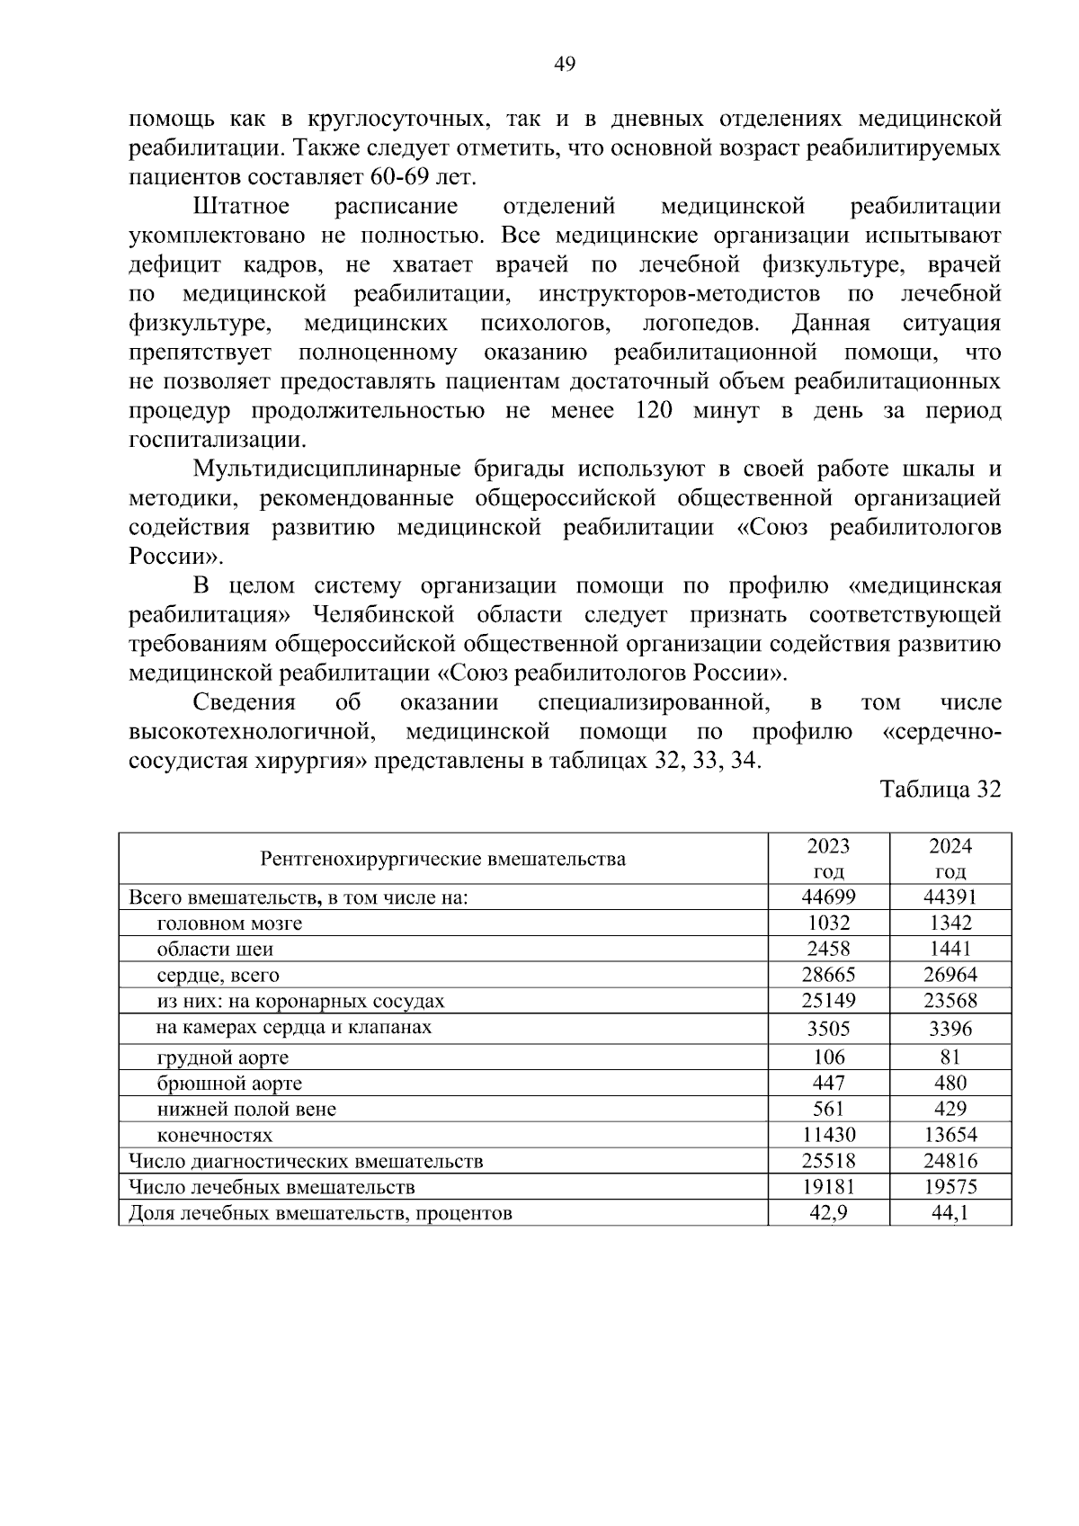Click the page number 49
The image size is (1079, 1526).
point(565,64)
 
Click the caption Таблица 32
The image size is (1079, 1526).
point(941,790)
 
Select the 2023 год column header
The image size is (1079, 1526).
point(828,859)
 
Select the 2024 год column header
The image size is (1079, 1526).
point(950,859)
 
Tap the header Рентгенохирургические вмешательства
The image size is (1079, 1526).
point(443,859)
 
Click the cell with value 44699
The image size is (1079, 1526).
point(828,897)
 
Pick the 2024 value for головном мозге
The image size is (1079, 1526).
point(950,923)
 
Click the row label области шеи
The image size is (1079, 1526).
point(215,950)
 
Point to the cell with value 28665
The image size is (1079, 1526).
point(828,975)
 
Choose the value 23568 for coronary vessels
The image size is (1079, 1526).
point(950,1001)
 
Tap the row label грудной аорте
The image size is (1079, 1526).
point(223,1057)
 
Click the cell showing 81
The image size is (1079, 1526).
point(950,1057)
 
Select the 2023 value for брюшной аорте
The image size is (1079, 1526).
point(828,1083)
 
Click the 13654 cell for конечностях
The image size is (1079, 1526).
point(950,1135)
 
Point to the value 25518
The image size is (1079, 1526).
point(828,1161)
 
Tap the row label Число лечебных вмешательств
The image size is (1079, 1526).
point(272,1187)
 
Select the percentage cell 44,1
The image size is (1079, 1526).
point(950,1213)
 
